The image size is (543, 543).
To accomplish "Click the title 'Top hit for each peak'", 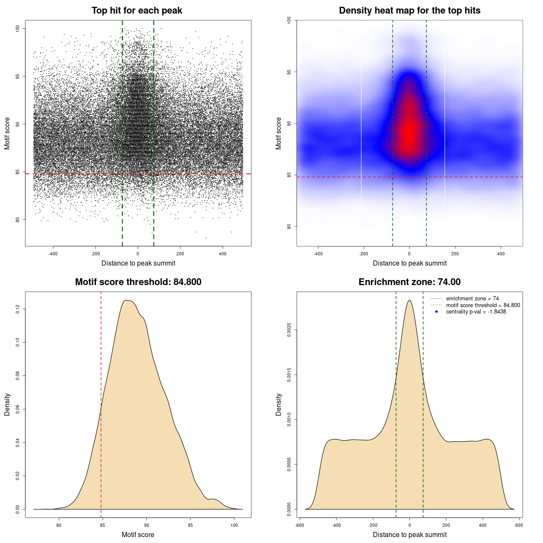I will point(137,11).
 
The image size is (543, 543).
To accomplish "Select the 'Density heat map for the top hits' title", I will point(409,11).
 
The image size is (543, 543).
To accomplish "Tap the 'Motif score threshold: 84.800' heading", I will point(138,282).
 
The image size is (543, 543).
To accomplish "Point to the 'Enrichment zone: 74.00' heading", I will point(409,282).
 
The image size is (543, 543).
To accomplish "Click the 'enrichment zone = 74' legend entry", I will point(472,299).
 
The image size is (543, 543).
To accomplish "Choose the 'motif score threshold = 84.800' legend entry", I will point(483,305).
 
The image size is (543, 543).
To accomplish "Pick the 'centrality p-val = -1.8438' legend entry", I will point(476,312).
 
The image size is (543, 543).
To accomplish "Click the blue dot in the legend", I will point(437,312).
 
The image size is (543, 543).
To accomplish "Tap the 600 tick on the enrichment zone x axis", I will point(519,525).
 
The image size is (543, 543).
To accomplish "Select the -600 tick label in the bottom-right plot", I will point(299,525).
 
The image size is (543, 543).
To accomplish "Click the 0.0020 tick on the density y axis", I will point(289,330).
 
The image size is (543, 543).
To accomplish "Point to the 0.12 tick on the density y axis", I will point(17,309).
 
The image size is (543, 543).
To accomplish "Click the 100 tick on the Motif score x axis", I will point(234,525).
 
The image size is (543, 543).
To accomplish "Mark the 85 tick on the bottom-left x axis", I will point(103,525).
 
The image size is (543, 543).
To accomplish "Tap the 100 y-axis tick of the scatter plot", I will point(17,28).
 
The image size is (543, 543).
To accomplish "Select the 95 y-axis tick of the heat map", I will point(289,72).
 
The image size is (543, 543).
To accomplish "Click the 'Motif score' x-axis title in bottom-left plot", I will point(138,535).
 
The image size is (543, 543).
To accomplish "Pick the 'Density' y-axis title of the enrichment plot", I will point(279,404).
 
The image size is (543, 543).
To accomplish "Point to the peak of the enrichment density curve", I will point(409,300).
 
